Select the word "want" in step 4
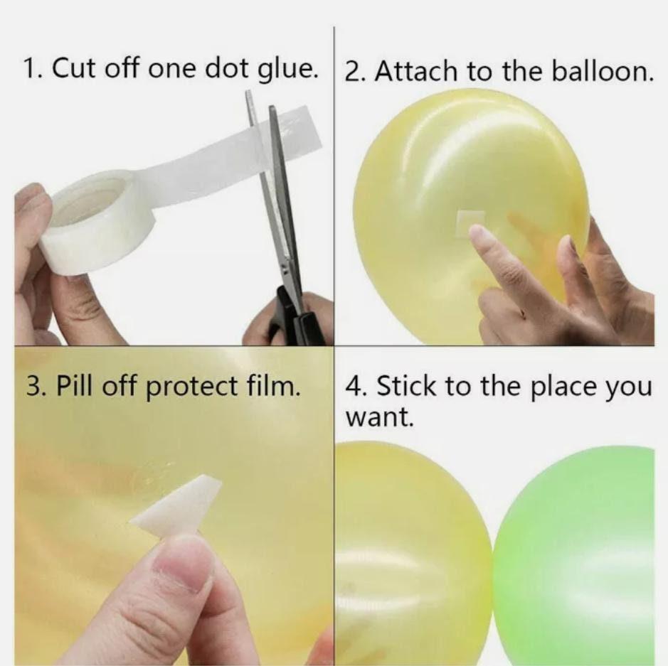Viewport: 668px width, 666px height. [378, 419]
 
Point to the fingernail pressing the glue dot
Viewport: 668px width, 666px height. [477, 233]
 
